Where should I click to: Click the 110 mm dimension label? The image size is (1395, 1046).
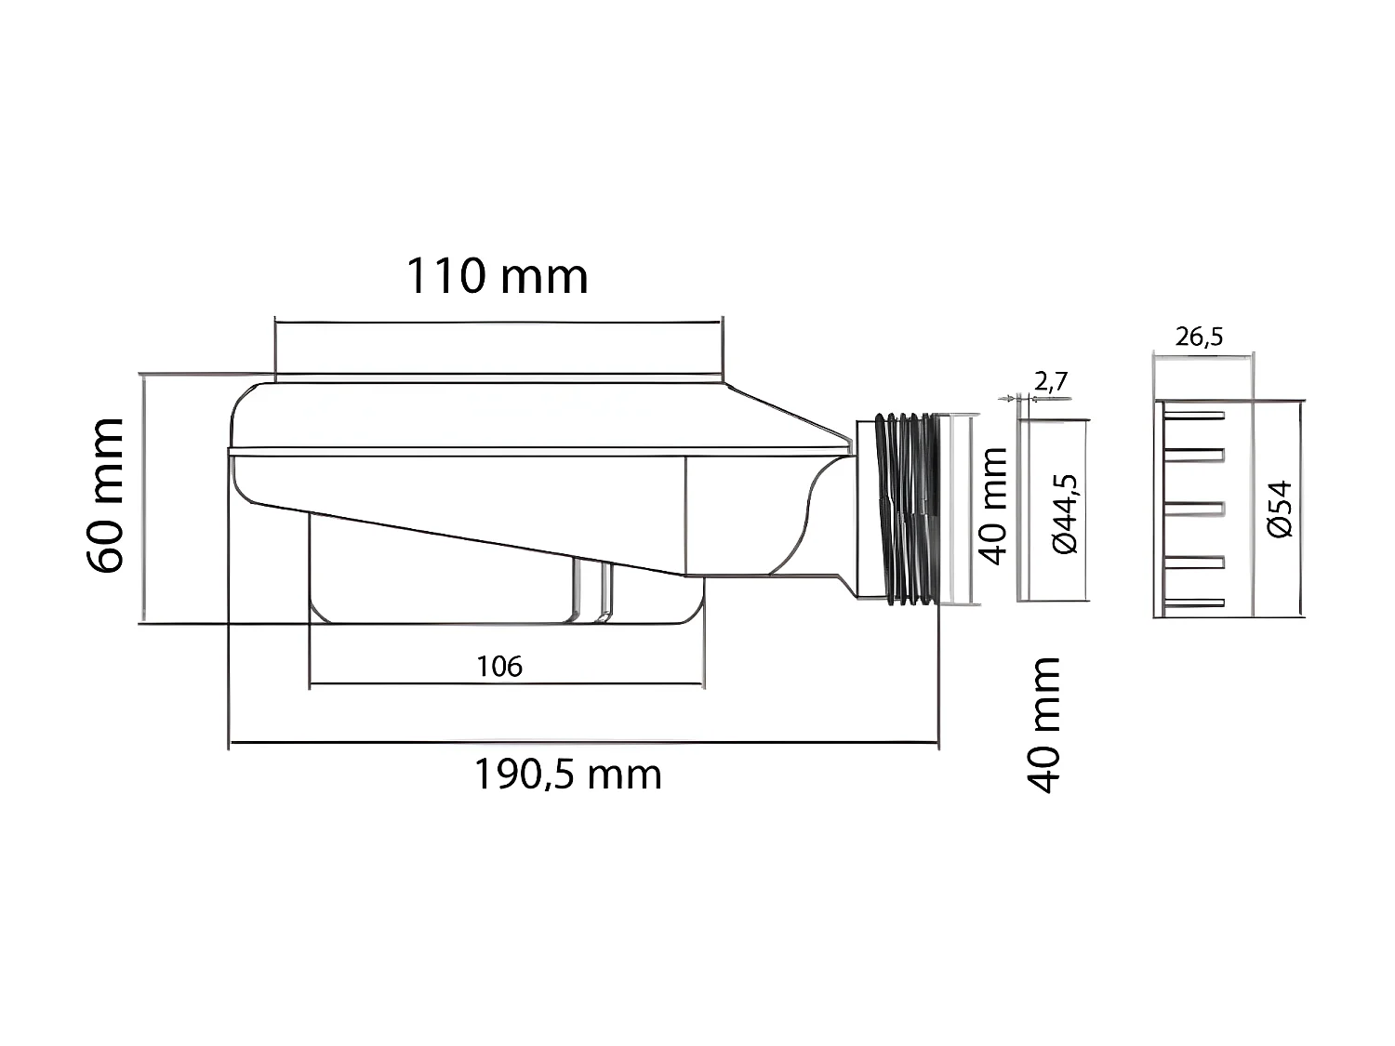(x=498, y=276)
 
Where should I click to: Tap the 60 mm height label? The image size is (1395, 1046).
(x=104, y=495)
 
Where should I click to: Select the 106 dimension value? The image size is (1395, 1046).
(x=499, y=666)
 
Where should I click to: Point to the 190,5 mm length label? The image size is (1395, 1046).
(x=567, y=774)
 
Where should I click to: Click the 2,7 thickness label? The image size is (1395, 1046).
(x=1051, y=381)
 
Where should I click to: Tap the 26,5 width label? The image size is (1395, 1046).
(x=1199, y=337)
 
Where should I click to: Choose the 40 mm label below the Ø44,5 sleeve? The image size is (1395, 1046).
(x=1043, y=724)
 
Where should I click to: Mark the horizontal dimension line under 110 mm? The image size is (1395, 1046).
(x=498, y=322)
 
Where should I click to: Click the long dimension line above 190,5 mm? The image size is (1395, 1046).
(x=583, y=743)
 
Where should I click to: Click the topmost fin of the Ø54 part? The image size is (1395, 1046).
(x=1194, y=414)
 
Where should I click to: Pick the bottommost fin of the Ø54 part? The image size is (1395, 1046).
(x=1194, y=602)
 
